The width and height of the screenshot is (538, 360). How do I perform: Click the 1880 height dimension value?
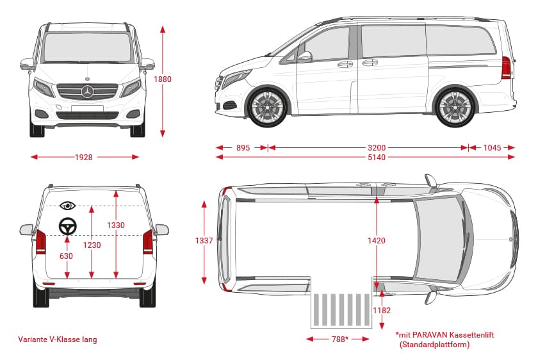click(x=163, y=79)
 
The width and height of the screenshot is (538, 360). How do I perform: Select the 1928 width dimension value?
click(x=84, y=157)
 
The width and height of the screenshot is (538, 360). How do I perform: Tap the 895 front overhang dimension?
click(x=243, y=147)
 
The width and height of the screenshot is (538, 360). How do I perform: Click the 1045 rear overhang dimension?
click(x=492, y=147)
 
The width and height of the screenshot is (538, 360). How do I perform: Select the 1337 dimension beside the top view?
click(x=204, y=240)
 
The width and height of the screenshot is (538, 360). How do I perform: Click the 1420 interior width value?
click(x=377, y=240)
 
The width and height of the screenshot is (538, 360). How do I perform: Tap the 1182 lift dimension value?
click(x=382, y=311)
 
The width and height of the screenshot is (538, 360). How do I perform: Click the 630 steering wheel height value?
click(x=66, y=256)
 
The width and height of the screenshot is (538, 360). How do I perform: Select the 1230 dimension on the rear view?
click(x=92, y=245)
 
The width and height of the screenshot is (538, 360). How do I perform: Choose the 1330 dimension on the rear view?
click(x=116, y=225)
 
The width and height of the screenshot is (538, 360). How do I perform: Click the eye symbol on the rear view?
click(x=67, y=206)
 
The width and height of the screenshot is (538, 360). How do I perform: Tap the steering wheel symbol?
click(x=67, y=225)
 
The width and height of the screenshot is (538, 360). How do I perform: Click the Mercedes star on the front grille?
click(x=87, y=92)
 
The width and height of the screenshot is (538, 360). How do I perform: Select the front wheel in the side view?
click(x=268, y=106)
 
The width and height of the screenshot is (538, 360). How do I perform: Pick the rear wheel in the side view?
click(x=454, y=106)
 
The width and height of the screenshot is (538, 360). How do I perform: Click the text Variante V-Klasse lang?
click(x=58, y=340)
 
